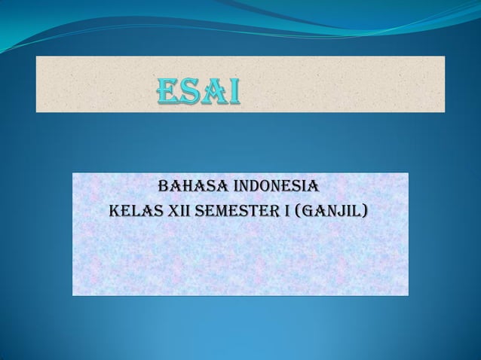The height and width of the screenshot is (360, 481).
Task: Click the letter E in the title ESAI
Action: click(x=167, y=92)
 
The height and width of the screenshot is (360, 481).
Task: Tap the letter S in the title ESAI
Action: click(x=190, y=92)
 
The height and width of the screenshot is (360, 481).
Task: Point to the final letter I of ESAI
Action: click(x=234, y=92)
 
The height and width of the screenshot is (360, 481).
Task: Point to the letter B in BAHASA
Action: click(x=161, y=185)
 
